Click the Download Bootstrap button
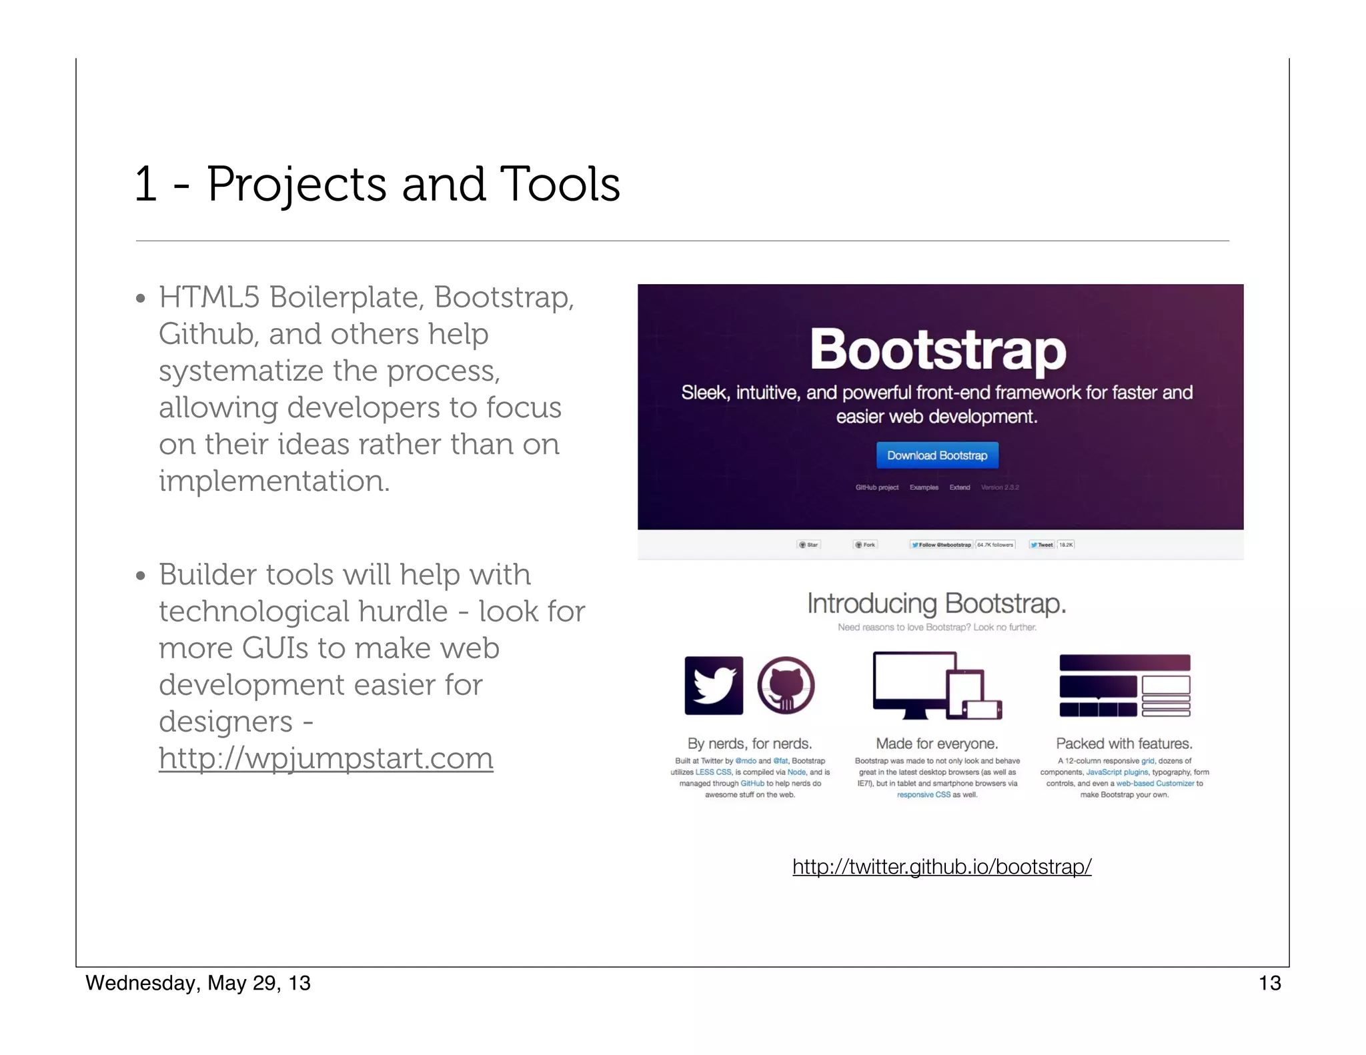(936, 455)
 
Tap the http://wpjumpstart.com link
(325, 758)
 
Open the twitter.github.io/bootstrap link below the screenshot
(942, 866)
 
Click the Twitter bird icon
(714, 686)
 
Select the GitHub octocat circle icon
(786, 686)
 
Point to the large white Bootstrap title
(938, 349)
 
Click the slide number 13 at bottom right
(1269, 983)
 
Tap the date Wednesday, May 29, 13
(198, 983)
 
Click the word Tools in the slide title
(560, 184)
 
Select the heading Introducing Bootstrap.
(936, 604)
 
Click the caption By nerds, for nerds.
(750, 744)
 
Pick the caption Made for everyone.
(936, 744)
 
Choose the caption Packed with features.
(1124, 744)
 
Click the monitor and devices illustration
(936, 686)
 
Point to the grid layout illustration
(1125, 686)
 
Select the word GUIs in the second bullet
(274, 648)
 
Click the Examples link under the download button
(924, 487)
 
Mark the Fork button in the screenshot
(865, 545)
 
